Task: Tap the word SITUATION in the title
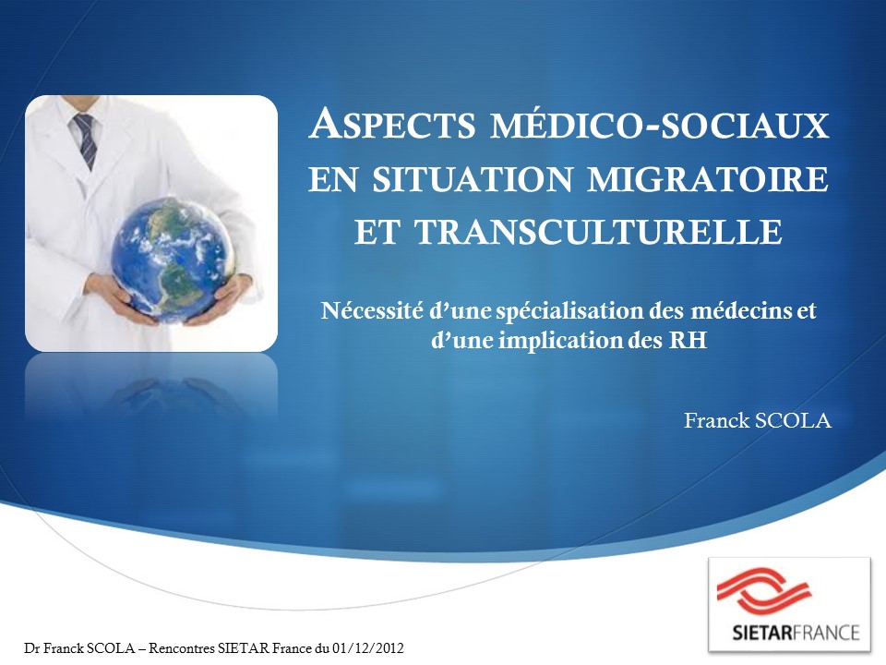473,179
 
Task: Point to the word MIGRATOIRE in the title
708,179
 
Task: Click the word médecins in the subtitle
741,310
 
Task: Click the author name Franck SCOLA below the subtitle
758,421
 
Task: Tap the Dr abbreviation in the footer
31,648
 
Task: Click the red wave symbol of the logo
763,591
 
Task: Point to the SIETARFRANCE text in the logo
796,632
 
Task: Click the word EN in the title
333,180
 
